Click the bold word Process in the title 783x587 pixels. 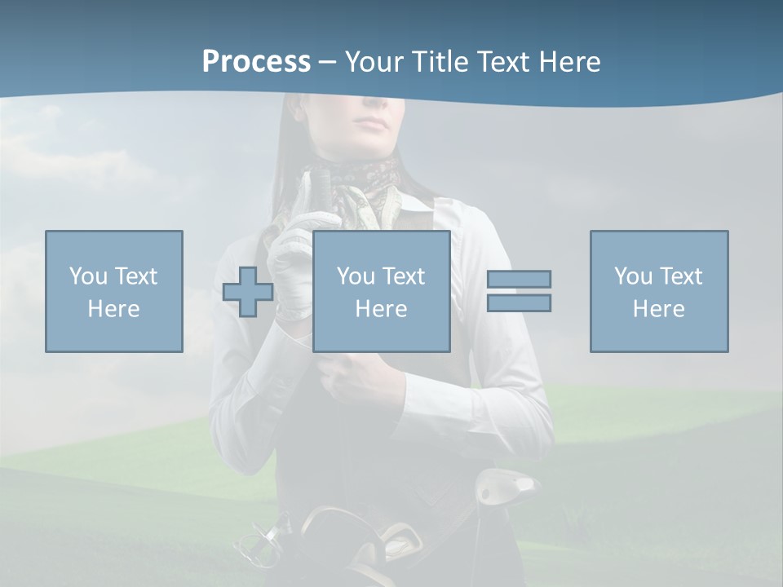coord(256,62)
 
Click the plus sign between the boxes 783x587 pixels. coord(248,292)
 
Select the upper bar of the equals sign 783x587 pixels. coord(519,279)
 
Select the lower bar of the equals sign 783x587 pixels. coord(519,302)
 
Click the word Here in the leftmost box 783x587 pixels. coord(113,309)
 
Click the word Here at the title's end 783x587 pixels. coord(571,62)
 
